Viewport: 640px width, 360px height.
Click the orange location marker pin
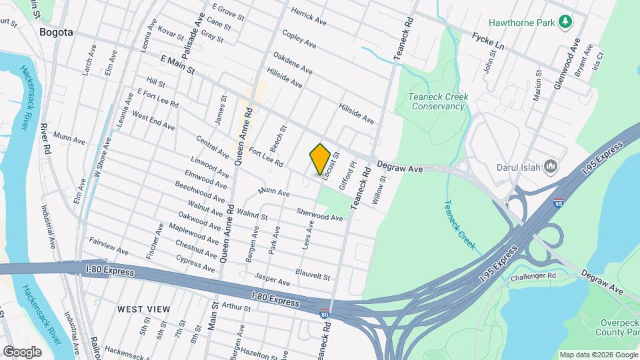pos(321,159)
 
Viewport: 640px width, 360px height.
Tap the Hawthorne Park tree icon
pos(565,22)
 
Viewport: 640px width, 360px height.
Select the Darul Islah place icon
pos(551,165)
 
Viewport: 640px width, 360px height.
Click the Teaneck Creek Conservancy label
pos(438,101)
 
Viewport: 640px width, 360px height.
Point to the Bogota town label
pos(55,32)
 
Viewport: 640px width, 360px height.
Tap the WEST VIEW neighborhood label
pos(143,309)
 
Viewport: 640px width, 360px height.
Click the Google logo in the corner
pos(23,351)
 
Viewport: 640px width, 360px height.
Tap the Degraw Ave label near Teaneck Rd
pos(400,169)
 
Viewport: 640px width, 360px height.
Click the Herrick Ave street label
pos(308,17)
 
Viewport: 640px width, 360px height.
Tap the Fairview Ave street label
pos(108,248)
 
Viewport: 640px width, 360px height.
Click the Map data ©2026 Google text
pos(598,355)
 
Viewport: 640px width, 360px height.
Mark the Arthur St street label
pos(236,308)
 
